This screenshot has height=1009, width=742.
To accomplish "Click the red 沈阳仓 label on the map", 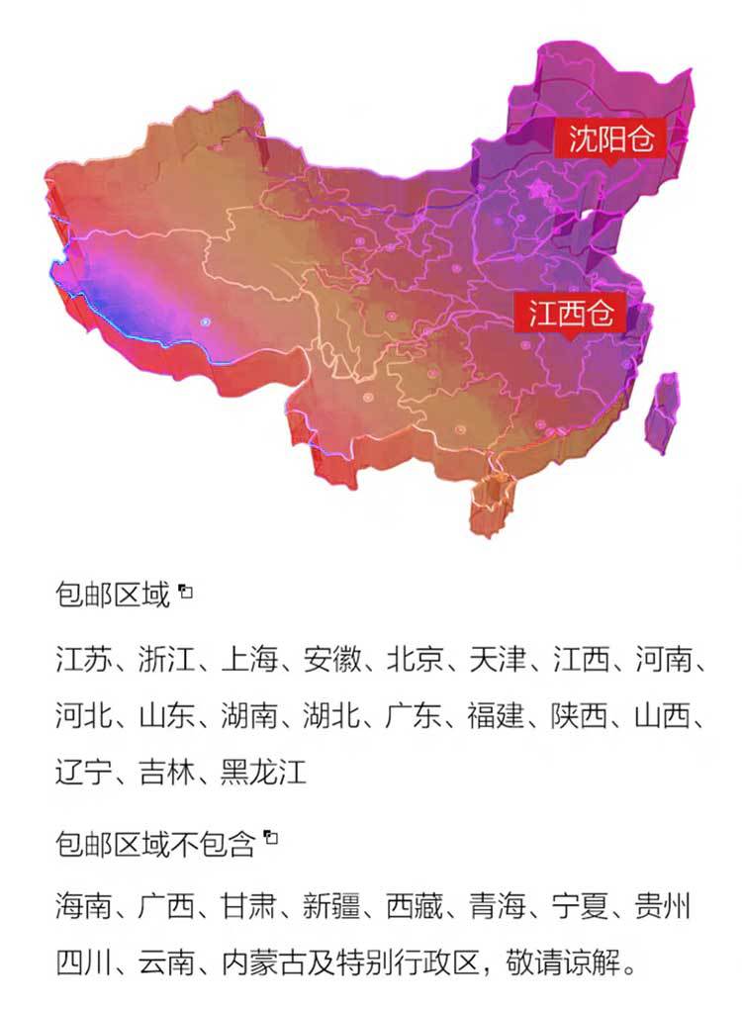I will tap(611, 137).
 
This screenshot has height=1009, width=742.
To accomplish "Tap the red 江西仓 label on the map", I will tap(572, 314).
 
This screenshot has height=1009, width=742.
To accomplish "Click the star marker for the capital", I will tap(539, 187).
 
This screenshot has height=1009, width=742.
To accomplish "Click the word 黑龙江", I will tap(264, 771).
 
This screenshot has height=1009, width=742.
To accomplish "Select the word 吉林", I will tap(166, 771).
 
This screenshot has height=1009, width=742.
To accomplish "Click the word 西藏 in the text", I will tap(414, 905).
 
